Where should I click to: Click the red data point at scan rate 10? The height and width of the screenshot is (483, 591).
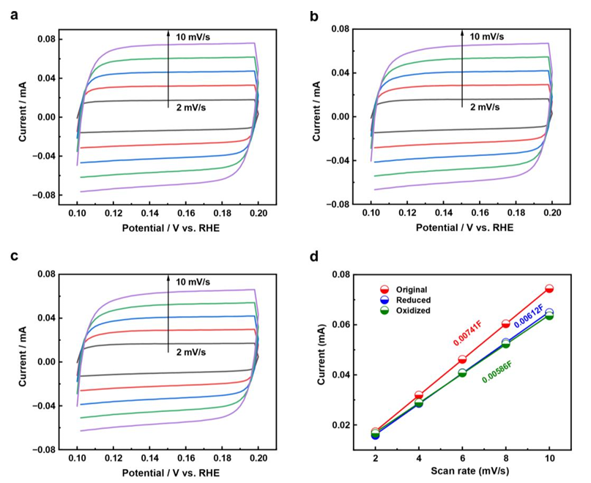click(x=549, y=288)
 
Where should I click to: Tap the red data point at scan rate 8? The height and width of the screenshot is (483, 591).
click(x=506, y=323)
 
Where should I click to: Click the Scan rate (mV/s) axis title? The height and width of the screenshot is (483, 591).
click(x=462, y=473)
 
